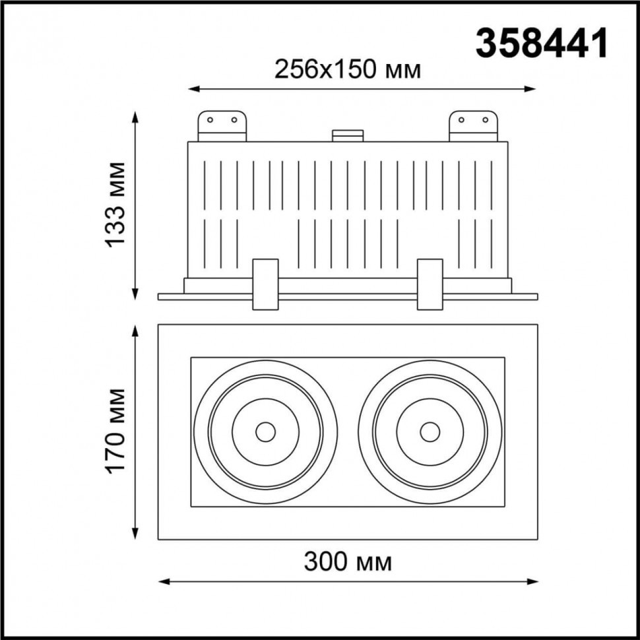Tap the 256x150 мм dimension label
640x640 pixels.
347,69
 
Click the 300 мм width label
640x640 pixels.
348,562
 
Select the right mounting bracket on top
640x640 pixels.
472,125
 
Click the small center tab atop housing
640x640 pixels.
348,135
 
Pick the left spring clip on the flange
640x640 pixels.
265,284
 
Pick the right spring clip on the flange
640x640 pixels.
429,284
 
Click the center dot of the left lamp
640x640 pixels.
265,432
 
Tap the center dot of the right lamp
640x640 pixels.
430,432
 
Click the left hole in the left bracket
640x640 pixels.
210,120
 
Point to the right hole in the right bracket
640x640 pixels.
485,120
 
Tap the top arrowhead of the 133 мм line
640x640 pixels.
137,116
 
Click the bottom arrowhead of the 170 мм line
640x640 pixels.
137,534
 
